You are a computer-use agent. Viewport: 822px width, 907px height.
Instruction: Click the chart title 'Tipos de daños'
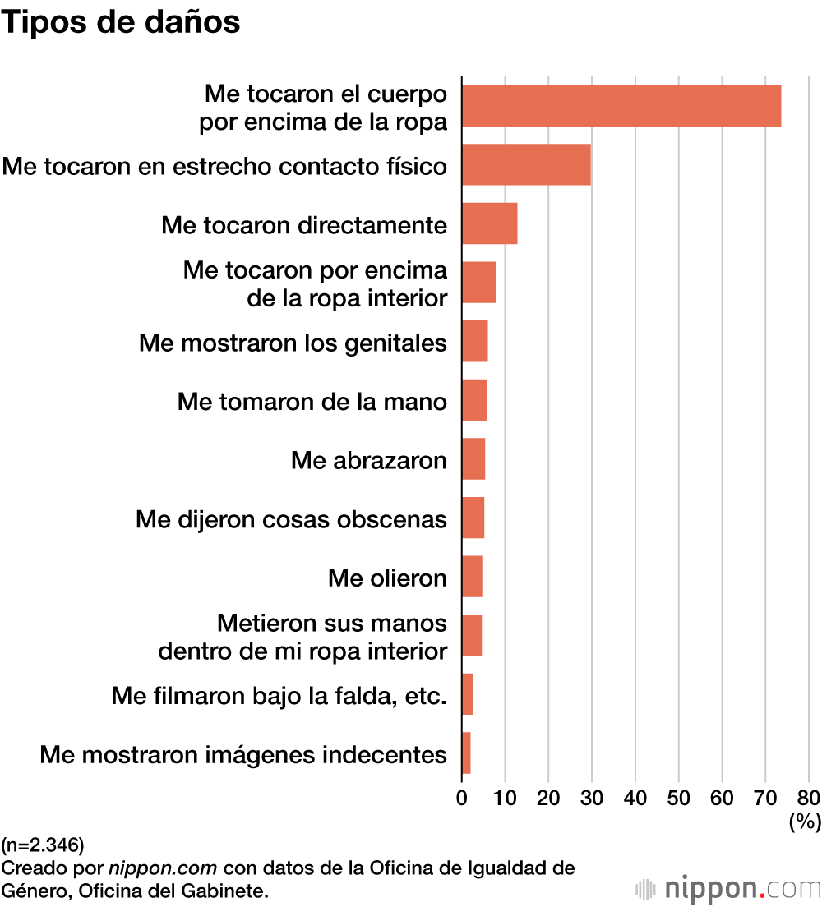[x=121, y=22]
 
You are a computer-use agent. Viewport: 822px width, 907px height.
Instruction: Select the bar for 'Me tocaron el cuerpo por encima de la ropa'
[x=621, y=106]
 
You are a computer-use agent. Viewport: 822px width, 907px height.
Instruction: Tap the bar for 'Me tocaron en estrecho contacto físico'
[x=526, y=164]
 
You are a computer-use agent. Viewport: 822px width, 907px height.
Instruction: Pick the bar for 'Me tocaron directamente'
[x=489, y=223]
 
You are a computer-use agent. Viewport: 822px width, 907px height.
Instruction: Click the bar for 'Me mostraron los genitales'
[x=474, y=341]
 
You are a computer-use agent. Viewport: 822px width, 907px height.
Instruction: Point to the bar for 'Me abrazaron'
[x=473, y=458]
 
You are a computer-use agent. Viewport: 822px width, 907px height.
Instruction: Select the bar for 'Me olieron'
[x=472, y=576]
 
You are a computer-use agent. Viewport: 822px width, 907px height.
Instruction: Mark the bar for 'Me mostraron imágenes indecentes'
[x=466, y=753]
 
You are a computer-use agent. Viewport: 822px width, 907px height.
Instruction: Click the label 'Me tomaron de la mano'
[x=312, y=402]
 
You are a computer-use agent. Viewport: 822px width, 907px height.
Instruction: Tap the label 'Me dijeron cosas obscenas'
[x=292, y=519]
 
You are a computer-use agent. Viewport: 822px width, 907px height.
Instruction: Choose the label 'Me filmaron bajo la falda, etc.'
[x=279, y=697]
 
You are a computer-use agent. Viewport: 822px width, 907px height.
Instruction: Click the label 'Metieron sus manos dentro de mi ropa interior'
[x=302, y=637]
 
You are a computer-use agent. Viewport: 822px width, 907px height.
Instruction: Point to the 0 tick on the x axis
[x=462, y=797]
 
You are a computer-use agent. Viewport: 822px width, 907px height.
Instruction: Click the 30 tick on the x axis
[x=592, y=797]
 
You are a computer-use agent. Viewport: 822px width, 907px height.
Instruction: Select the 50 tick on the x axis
[x=678, y=797]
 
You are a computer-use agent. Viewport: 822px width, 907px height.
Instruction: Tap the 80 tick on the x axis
[x=809, y=797]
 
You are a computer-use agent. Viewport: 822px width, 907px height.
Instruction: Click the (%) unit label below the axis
[x=805, y=822]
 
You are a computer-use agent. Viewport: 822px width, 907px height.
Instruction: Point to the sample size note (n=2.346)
[x=43, y=844]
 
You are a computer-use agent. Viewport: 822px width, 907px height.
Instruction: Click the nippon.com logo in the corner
[x=728, y=888]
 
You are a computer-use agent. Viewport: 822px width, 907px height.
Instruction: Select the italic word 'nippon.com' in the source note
[x=163, y=868]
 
